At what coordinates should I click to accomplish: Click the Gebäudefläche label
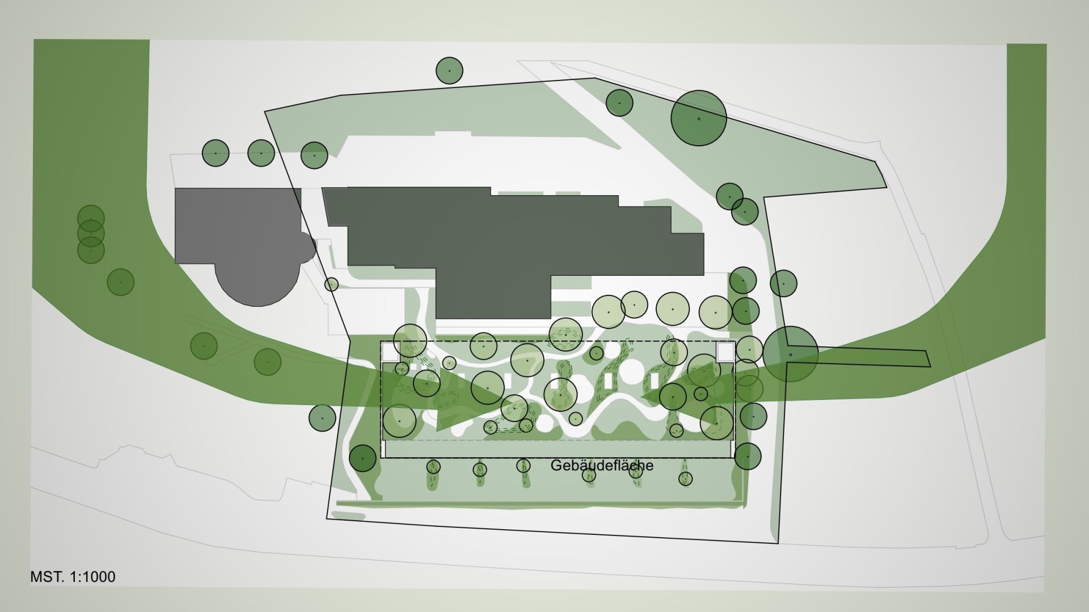(602, 466)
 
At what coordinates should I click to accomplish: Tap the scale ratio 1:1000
(92, 577)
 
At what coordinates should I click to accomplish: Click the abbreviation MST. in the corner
(48, 577)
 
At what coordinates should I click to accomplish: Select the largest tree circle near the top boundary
(699, 118)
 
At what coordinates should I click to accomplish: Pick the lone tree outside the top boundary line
(449, 71)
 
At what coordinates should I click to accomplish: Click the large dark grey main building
(513, 250)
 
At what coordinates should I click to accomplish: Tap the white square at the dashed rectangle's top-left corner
(390, 351)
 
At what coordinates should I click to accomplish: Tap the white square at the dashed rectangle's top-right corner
(725, 351)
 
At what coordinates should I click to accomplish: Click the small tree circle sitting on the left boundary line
(331, 284)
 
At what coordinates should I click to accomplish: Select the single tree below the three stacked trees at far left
(120, 282)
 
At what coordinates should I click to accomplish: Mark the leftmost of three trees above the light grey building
(216, 153)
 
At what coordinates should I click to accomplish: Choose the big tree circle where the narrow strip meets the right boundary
(791, 354)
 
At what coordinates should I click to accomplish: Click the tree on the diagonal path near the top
(619, 103)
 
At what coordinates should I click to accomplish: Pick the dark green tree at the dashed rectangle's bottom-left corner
(362, 458)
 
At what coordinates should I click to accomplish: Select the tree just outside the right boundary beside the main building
(783, 283)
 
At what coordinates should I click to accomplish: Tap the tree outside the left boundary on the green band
(322, 418)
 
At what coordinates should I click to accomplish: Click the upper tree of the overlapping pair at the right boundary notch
(729, 196)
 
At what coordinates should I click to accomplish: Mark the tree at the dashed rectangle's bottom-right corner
(748, 456)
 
